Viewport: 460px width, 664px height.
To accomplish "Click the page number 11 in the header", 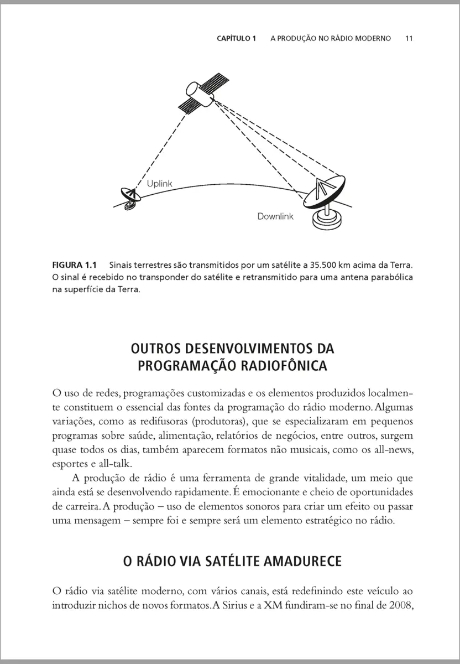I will coord(409,39).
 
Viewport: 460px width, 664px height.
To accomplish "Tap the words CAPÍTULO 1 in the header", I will coord(236,39).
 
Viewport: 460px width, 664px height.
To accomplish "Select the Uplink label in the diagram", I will coord(159,183).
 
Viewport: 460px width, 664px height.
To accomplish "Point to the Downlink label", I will coord(275,216).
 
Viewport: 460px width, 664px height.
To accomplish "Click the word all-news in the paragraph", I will coord(393,449).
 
